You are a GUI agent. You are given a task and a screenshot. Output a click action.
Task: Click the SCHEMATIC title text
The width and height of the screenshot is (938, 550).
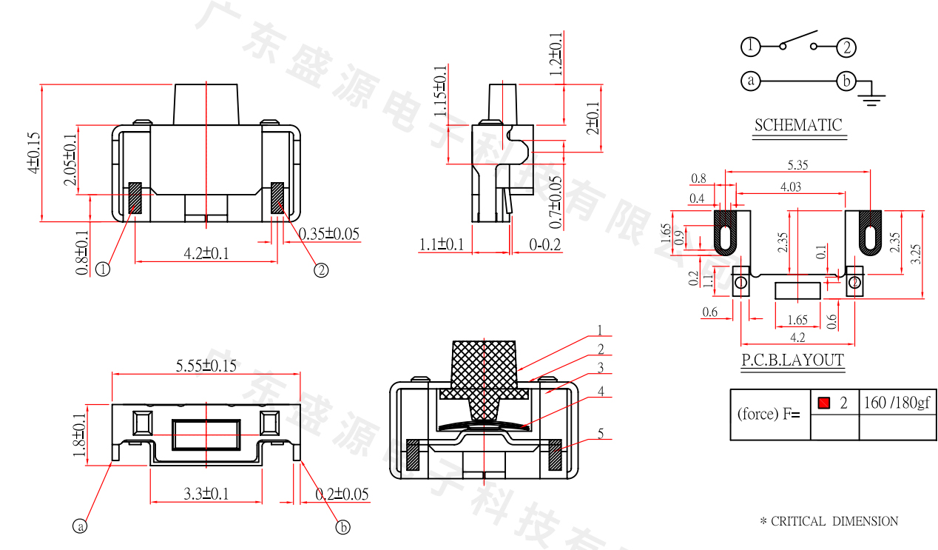[798, 125]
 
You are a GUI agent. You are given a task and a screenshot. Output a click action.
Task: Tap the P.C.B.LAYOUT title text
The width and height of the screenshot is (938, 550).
[792, 360]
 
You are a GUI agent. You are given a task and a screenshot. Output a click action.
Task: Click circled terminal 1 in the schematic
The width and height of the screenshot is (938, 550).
[750, 47]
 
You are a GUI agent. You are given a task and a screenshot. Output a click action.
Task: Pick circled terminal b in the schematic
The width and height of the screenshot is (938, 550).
[846, 80]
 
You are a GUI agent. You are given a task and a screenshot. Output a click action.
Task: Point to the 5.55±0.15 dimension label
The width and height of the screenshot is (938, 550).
[206, 365]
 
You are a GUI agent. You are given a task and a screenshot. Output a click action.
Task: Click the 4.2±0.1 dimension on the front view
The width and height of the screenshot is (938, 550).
[206, 253]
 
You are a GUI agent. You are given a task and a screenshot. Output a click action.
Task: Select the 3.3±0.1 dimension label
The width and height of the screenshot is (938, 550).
[206, 494]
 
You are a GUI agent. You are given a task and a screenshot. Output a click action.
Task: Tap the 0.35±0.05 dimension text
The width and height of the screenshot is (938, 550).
[329, 234]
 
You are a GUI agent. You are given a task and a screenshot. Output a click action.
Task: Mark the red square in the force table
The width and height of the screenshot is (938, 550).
[824, 403]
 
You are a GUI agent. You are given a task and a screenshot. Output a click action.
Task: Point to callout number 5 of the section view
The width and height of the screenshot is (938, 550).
[601, 433]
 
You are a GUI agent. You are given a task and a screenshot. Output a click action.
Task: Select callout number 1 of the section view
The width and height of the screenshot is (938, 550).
[601, 330]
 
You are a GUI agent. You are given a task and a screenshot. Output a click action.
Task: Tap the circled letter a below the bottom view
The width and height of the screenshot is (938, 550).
[80, 526]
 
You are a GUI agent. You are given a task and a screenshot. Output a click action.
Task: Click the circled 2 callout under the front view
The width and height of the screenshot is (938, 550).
[320, 270]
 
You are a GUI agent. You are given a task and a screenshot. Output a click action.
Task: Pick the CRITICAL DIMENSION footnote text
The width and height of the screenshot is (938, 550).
[829, 521]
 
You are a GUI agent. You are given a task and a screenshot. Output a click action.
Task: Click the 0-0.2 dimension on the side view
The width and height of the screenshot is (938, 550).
[545, 244]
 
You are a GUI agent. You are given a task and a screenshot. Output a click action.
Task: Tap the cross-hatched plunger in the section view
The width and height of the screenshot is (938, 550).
[483, 370]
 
